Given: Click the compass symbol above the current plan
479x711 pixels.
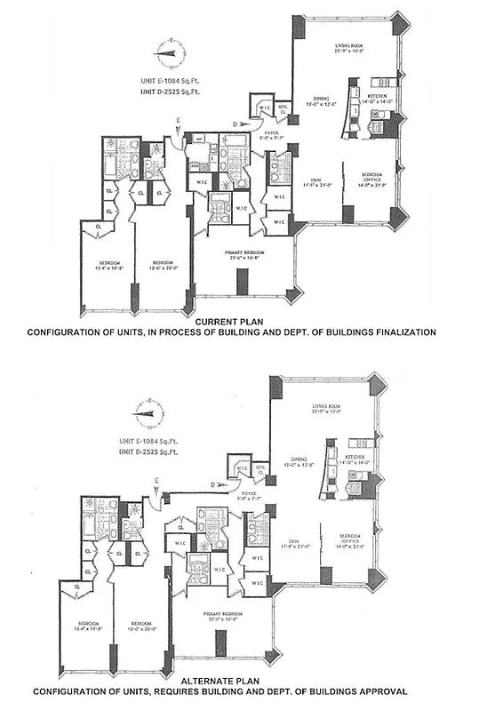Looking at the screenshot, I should (166, 52).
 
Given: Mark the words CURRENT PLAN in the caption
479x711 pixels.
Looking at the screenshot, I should (232, 322).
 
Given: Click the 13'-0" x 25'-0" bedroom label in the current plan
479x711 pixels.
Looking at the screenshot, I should (163, 265).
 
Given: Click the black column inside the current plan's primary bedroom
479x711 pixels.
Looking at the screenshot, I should (241, 282).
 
